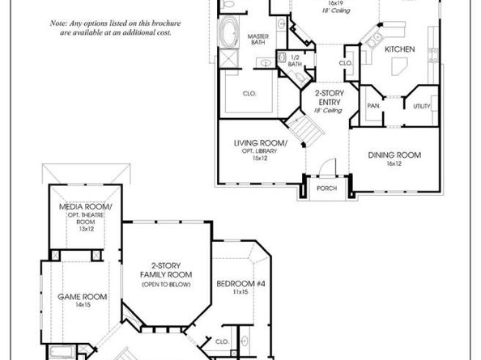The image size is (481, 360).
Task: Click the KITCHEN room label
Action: point(399,49)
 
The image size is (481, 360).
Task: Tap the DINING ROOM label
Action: point(394,155)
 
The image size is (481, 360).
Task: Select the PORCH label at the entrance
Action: point(327,189)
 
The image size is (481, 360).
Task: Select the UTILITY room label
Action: point(421,106)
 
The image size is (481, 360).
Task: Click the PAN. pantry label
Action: point(373,106)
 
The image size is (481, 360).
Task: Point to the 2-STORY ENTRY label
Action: point(328,98)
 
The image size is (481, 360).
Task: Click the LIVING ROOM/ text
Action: point(255,143)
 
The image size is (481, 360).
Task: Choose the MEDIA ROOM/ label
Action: point(86,208)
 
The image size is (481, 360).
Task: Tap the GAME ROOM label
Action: point(78,297)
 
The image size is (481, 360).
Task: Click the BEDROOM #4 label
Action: point(236,283)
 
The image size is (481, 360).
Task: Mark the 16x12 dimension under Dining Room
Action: point(394,163)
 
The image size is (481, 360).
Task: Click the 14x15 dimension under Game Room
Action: point(78,306)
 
